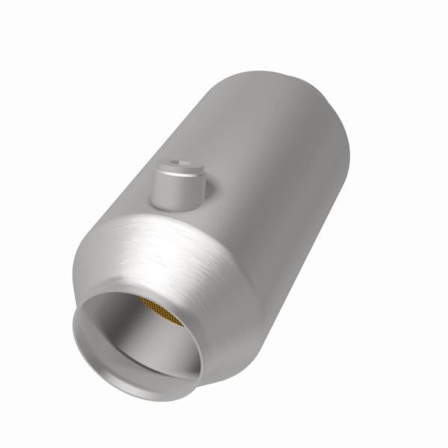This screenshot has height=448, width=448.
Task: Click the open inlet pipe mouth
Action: (x=138, y=340)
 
